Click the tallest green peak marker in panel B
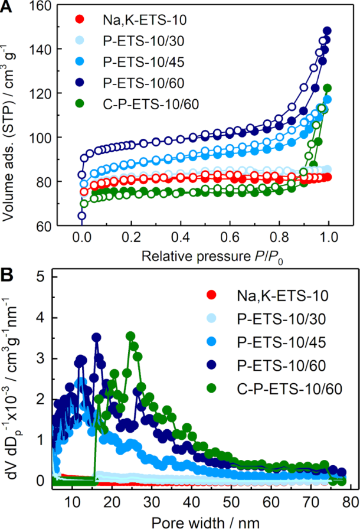point(130,336)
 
